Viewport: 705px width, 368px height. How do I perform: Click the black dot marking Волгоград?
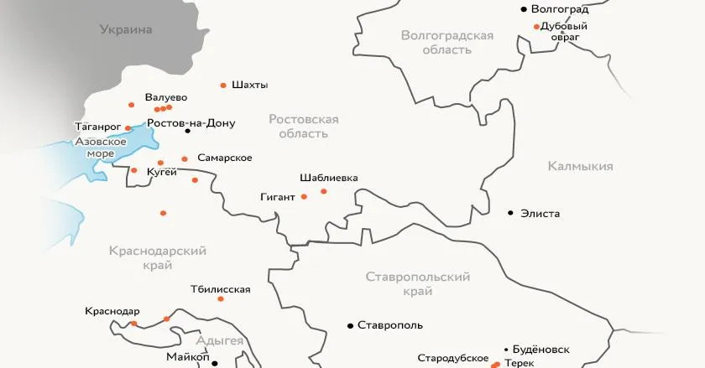pyautogui.click(x=524, y=9)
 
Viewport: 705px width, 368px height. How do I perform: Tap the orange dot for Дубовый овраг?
pyautogui.click(x=536, y=27)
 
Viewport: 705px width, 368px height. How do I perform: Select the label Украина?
pyautogui.click(x=126, y=30)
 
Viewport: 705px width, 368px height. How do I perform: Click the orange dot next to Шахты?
pyautogui.click(x=223, y=86)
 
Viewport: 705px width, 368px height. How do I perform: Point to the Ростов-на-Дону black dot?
pyautogui.click(x=188, y=131)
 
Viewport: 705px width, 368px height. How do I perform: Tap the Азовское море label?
pyautogui.click(x=101, y=148)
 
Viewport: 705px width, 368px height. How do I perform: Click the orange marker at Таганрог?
pyautogui.click(x=128, y=128)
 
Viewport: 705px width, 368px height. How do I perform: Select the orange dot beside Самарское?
pyautogui.click(x=185, y=159)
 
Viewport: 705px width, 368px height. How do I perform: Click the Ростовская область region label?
pyautogui.click(x=304, y=127)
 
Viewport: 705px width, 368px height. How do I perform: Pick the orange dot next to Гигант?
pyautogui.click(x=304, y=197)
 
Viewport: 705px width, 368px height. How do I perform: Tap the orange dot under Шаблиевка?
pyautogui.click(x=324, y=192)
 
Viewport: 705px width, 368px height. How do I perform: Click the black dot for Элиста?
pyautogui.click(x=510, y=213)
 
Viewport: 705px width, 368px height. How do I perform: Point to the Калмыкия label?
pyautogui.click(x=580, y=166)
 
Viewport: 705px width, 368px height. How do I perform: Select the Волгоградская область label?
pyautogui.click(x=446, y=43)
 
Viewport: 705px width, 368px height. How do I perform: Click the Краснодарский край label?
pyautogui.click(x=158, y=258)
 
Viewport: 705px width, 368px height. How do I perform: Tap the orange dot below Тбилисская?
pyautogui.click(x=221, y=299)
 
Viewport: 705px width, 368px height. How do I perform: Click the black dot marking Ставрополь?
pyautogui.click(x=350, y=325)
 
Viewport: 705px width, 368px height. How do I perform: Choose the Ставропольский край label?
pyautogui.click(x=418, y=284)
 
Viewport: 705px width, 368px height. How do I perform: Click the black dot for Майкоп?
pyautogui.click(x=215, y=363)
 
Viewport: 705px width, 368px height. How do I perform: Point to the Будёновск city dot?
pyautogui.click(x=506, y=350)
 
